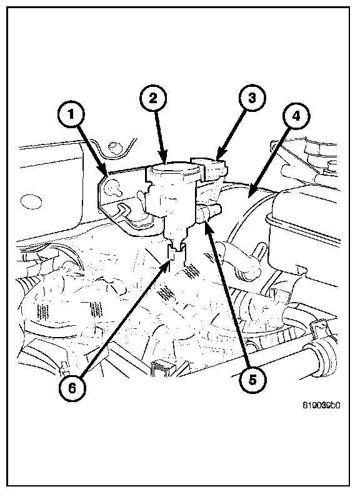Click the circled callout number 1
coord(71,115)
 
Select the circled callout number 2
coord(153,98)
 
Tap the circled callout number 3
coord(252,98)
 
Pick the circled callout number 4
coord(296,116)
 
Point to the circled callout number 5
coord(252,380)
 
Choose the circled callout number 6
coord(72,388)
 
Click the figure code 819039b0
coord(321,405)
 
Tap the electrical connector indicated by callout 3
coord(210,168)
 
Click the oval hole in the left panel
coord(31,201)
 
